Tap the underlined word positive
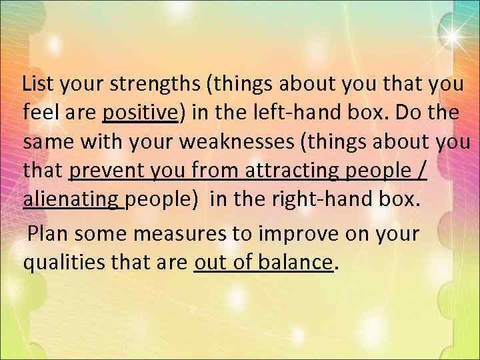click(x=139, y=114)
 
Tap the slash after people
click(x=421, y=171)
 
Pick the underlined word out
click(x=209, y=262)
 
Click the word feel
click(x=41, y=113)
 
